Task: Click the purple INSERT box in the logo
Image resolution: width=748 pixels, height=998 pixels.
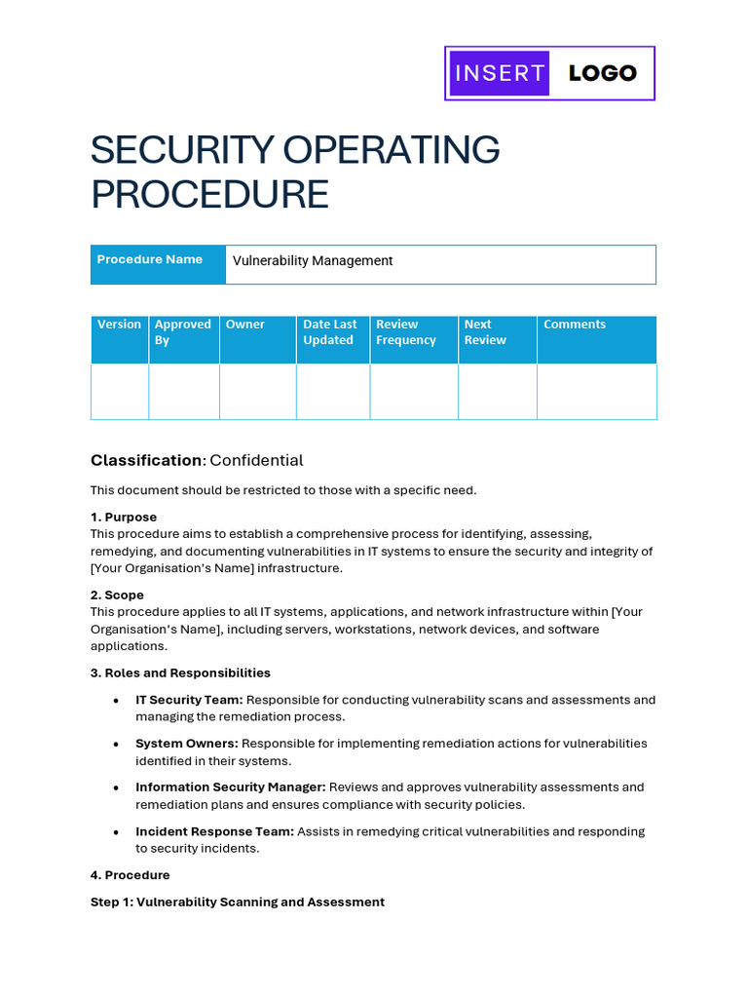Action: click(499, 73)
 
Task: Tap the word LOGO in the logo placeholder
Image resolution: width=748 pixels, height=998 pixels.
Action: click(602, 73)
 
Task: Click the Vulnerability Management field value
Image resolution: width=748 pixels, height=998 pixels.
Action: click(313, 261)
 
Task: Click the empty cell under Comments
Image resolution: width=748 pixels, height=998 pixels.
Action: click(596, 392)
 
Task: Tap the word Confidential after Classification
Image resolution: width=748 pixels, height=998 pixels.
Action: click(256, 460)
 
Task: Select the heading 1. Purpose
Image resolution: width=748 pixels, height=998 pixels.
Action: click(124, 518)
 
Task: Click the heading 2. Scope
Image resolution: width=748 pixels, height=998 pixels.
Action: click(117, 595)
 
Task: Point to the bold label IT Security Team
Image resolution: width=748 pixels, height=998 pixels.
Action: click(189, 700)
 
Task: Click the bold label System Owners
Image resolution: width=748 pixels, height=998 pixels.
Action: click(186, 744)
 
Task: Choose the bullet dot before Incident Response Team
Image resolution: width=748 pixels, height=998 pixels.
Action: click(116, 832)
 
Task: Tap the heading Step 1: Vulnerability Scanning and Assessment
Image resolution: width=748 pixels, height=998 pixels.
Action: click(238, 902)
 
